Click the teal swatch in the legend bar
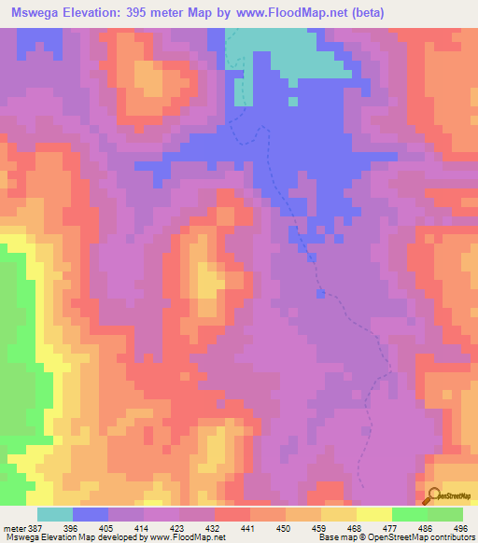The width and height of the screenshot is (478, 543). coord(55,514)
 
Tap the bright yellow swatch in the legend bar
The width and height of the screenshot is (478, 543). coord(373,514)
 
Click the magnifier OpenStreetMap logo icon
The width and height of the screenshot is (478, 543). coord(433,495)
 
